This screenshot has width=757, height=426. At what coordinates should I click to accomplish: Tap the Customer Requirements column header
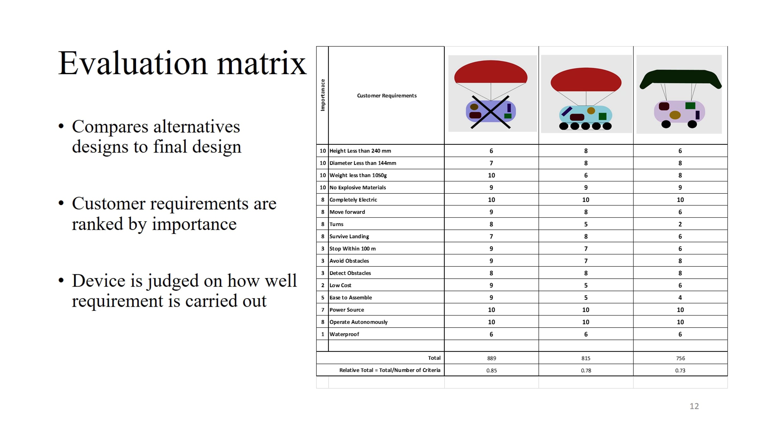pos(387,96)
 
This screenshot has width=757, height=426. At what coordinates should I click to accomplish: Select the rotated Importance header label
pos(322,95)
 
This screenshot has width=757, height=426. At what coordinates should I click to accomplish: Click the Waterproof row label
pos(344,334)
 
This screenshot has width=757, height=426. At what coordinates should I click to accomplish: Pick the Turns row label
pos(336,224)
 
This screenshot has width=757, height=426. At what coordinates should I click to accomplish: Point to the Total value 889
pos(491,358)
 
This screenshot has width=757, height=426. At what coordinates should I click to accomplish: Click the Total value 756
pos(680,358)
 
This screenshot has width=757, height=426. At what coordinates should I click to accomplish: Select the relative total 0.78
pos(586,370)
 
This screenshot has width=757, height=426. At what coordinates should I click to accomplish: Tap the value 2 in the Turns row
pos(680,224)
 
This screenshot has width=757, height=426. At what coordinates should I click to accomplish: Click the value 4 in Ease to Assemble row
pos(680,298)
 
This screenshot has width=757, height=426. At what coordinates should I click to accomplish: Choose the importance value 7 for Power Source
pos(323,310)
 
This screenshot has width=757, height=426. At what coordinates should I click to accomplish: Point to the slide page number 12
pos(694,406)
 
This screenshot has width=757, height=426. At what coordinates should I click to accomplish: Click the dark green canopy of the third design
pos(680,78)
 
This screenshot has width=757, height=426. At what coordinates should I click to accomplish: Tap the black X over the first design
pos(490,112)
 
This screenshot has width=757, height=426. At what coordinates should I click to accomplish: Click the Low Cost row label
pos(340,285)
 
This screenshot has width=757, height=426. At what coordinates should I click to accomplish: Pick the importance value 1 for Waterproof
pos(323,334)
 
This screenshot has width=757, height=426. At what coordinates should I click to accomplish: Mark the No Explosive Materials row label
pos(358,187)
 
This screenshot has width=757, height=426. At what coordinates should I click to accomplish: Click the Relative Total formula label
pos(390,370)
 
